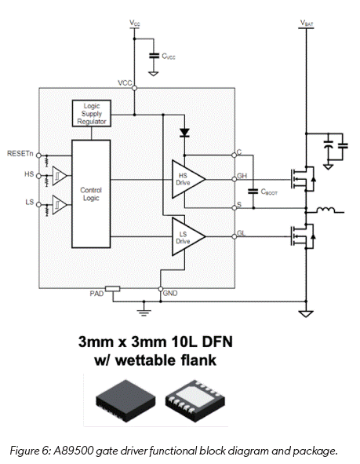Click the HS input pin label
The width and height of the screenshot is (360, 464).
[29, 173]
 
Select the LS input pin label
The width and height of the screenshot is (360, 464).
[29, 203]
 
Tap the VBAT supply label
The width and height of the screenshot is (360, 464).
[305, 24]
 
